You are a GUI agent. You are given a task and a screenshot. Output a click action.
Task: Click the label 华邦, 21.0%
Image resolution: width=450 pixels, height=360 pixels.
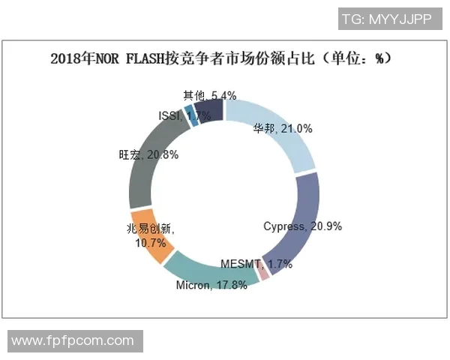click(x=282, y=128)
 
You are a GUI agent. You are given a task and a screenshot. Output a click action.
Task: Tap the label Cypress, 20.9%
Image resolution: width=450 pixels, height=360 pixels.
click(x=302, y=226)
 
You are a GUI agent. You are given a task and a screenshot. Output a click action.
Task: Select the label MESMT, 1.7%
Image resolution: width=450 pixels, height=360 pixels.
click(x=256, y=264)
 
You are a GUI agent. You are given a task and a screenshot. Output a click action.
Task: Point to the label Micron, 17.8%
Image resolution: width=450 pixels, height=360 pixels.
click(x=211, y=286)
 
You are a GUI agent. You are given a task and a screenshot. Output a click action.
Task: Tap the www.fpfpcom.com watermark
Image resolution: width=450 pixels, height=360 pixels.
click(x=73, y=341)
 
